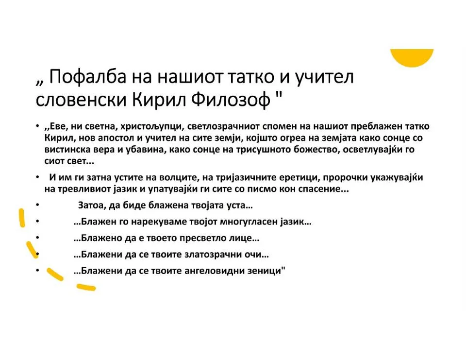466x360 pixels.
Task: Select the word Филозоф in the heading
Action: tap(230, 100)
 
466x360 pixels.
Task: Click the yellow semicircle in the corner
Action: tap(412, 58)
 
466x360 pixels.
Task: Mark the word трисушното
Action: tap(263, 150)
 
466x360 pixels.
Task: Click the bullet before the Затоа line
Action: tap(37, 206)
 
